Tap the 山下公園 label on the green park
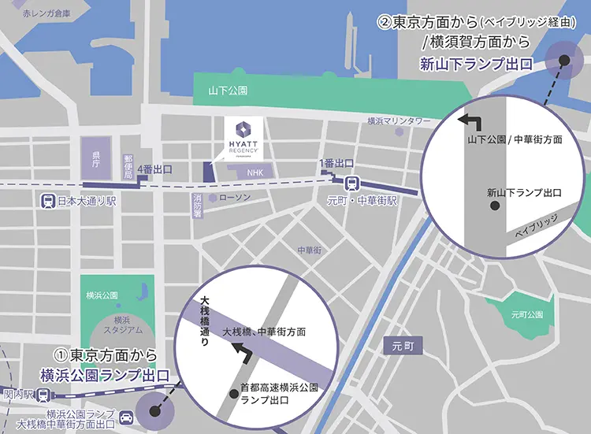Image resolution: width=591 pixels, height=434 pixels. coord(228,91)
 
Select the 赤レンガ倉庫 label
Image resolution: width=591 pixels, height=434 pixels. coord(46,13)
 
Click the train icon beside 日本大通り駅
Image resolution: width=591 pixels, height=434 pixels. coord(49,201)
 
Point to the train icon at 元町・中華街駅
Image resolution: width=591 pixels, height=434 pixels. coord(354,183)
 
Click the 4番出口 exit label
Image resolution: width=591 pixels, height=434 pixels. coord(154,169)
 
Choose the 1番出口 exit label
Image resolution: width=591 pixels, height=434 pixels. coord(336,163)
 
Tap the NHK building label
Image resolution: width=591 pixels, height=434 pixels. coord(254,172)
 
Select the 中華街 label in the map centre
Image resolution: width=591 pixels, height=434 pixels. coord(310,250)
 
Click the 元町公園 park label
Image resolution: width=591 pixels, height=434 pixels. coord(527,314)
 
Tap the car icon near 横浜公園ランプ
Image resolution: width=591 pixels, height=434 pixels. coord(126,414)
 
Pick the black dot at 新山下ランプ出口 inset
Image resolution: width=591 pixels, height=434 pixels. coord(495,206)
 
